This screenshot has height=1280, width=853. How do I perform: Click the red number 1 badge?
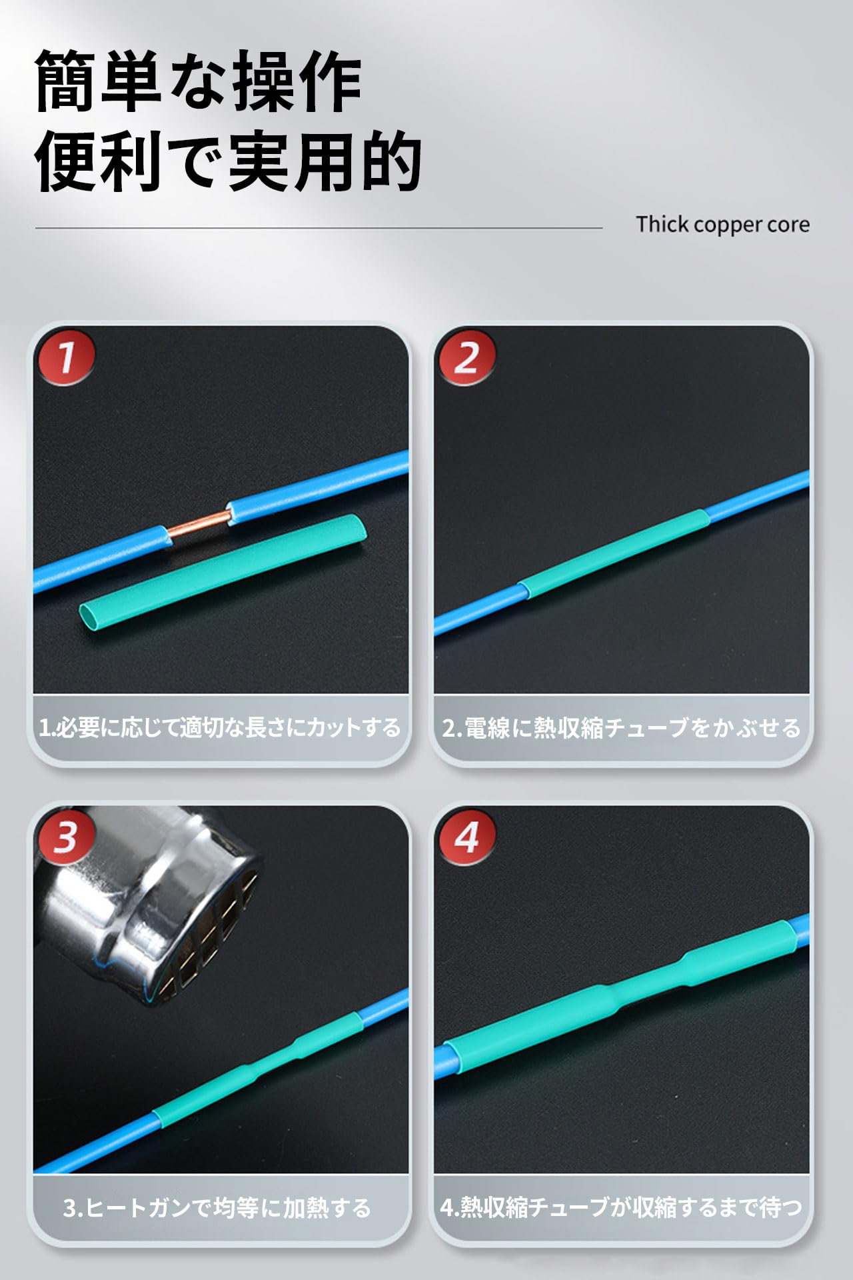pos(66,357)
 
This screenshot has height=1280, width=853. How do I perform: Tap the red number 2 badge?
pos(466,357)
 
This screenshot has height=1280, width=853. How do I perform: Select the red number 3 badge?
pos(66,837)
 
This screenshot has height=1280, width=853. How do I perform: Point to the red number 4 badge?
pos(466,837)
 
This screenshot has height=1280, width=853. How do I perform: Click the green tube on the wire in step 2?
pos(614,555)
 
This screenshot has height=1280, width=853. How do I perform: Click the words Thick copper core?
pos(722,225)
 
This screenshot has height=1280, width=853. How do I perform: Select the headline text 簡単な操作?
pos(199,81)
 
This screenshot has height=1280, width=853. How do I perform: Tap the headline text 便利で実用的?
pos(228,160)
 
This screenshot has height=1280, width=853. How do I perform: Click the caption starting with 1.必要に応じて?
pos(220,727)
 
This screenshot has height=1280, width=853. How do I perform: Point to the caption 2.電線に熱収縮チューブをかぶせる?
pos(621,727)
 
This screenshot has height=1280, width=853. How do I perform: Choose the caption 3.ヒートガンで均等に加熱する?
pos(217,1207)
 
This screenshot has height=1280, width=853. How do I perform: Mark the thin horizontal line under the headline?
pos(319,228)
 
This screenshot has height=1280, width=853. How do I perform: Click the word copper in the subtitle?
pos(722,225)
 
